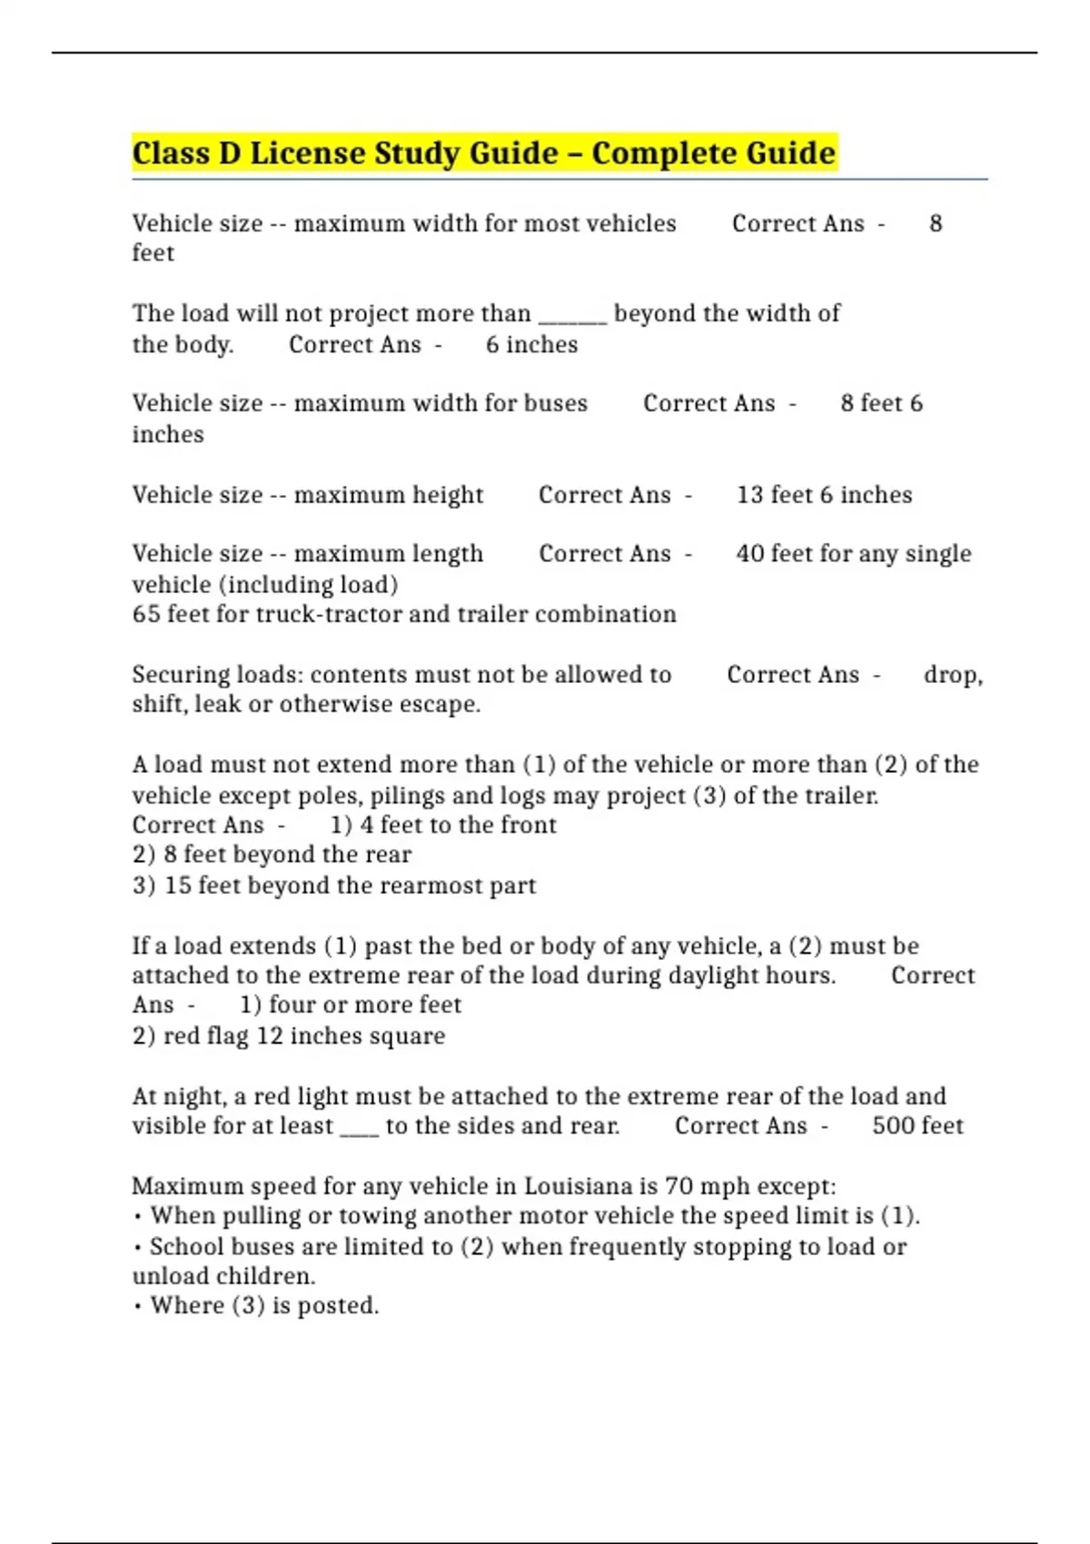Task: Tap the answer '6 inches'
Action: [531, 345]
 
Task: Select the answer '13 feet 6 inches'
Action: [824, 495]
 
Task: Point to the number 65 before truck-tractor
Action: [145, 614]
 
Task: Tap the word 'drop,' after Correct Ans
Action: [953, 675]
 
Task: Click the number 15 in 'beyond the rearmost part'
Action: [178, 886]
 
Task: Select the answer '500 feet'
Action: [917, 1126]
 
